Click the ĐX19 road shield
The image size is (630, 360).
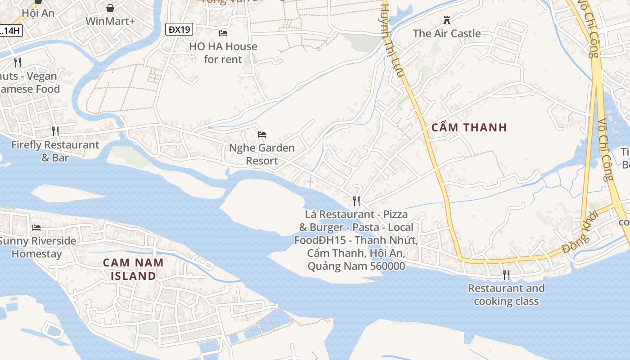[x=179, y=30]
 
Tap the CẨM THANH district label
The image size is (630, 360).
[x=469, y=127]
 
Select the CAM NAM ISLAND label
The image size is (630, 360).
[x=133, y=269]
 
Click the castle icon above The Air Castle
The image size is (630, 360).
[x=447, y=20]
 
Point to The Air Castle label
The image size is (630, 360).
[x=447, y=33]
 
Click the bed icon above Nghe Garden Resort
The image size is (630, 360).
[x=262, y=135]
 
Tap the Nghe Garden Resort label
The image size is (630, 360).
[x=262, y=154]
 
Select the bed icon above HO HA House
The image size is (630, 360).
[x=223, y=33]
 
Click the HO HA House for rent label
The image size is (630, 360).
[x=223, y=53]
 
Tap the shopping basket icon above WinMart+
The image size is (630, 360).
[x=110, y=8]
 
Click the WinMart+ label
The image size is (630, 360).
[x=110, y=21]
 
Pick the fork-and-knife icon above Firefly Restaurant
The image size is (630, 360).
[x=55, y=131]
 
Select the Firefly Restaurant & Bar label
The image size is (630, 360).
[x=55, y=151]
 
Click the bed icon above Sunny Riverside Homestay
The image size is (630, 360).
[x=36, y=228]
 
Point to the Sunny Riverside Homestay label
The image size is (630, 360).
[x=37, y=247]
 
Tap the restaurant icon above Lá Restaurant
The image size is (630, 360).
[x=356, y=201]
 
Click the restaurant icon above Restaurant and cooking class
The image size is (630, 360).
[x=506, y=274]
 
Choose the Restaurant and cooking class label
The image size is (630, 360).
[x=506, y=294]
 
